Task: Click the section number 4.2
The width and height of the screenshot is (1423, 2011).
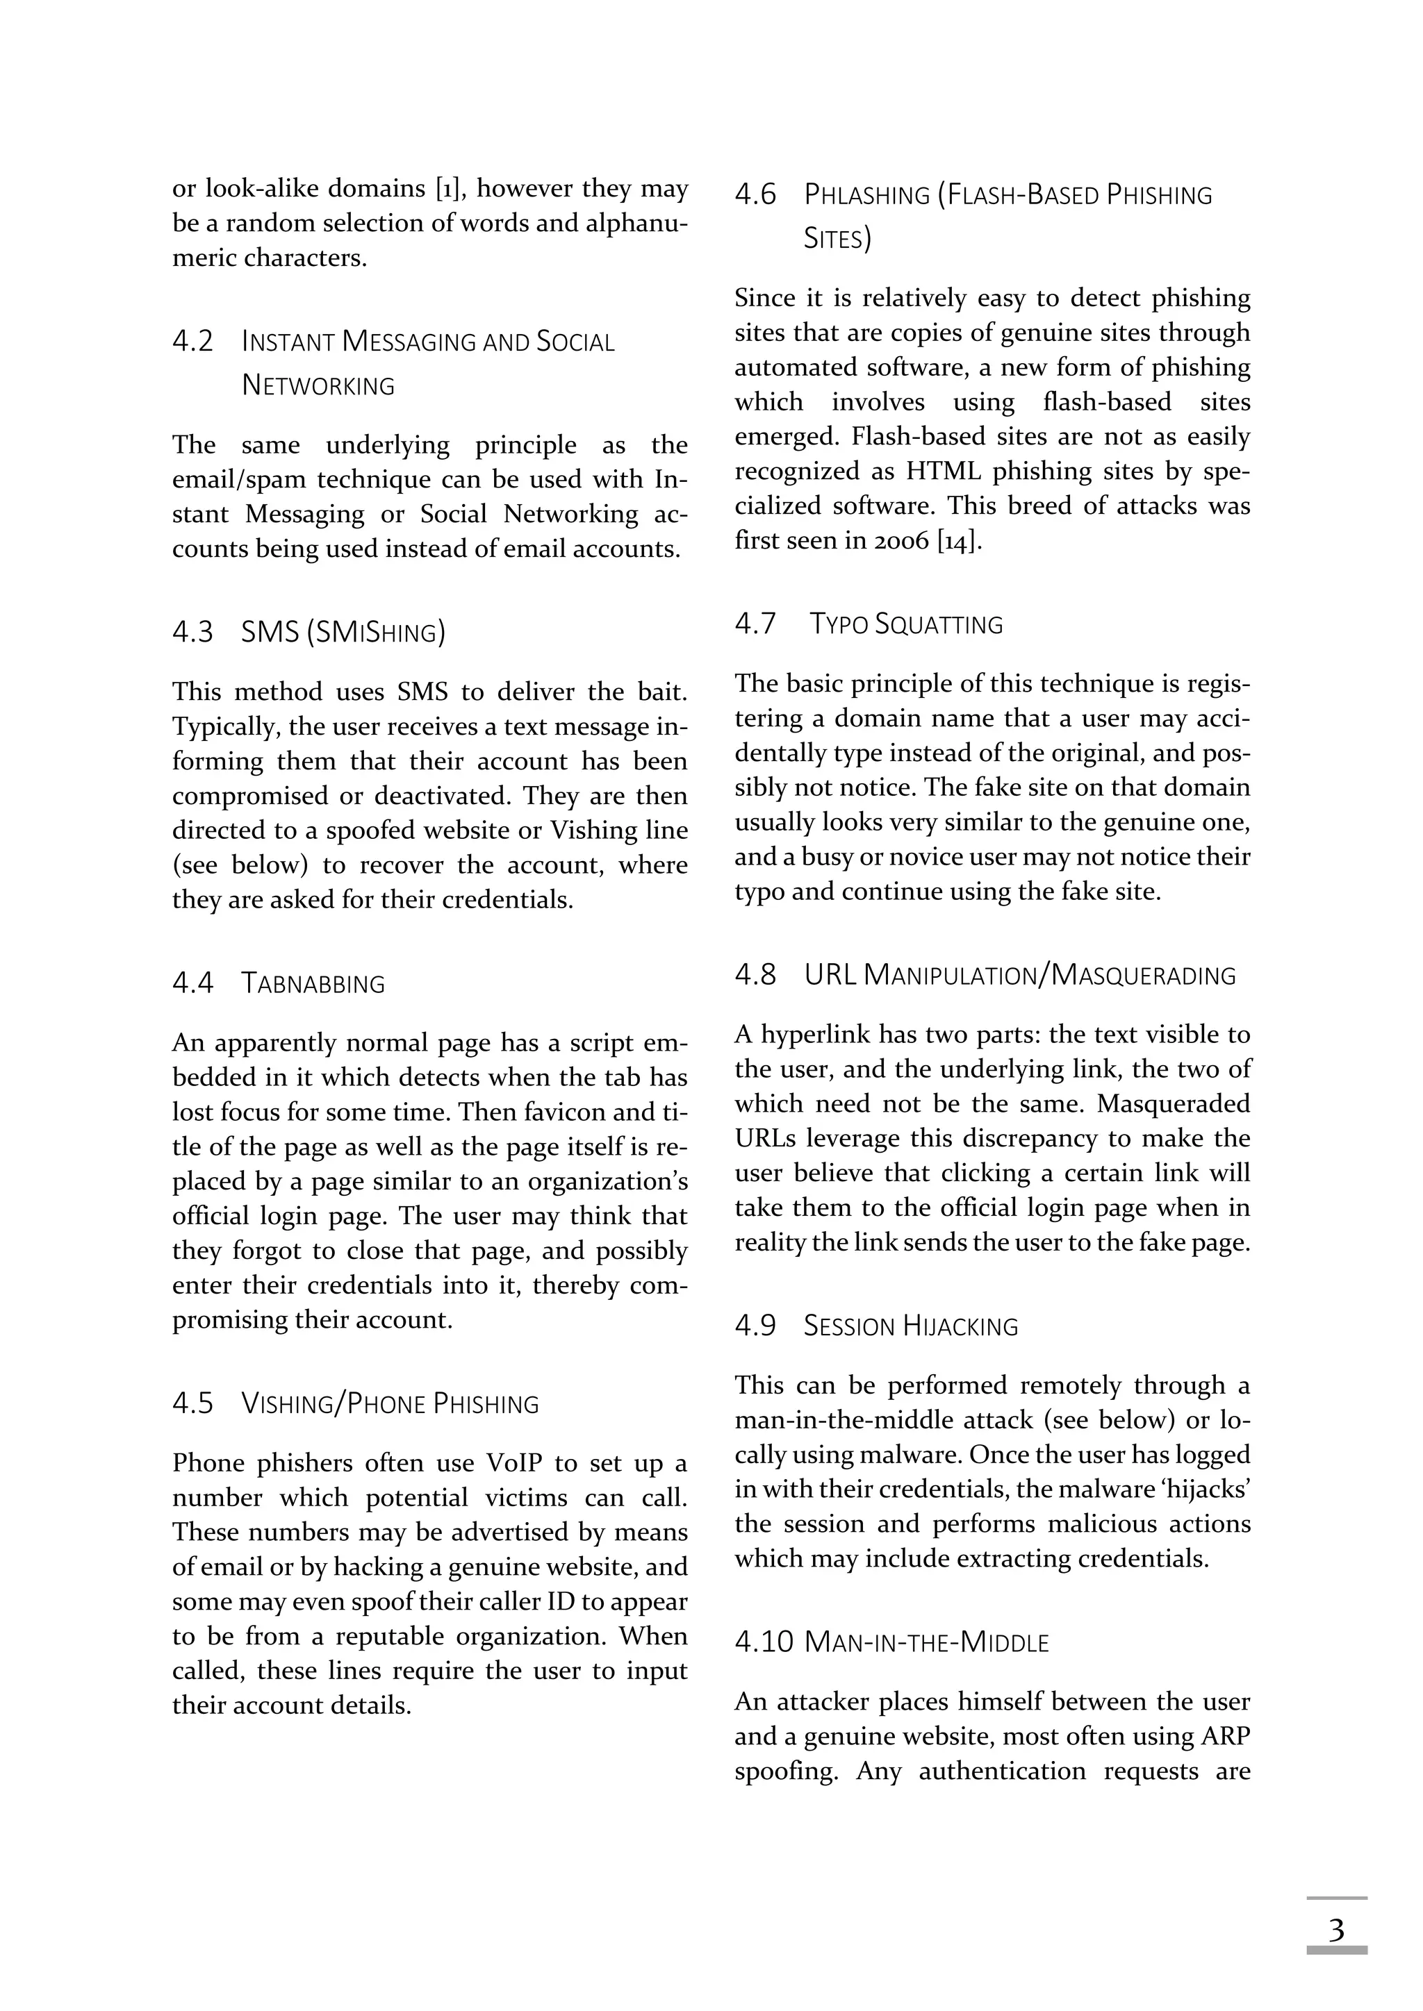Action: (x=192, y=341)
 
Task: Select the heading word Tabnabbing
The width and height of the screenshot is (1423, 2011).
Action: (x=313, y=983)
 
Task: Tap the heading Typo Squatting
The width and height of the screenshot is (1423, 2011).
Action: (x=905, y=624)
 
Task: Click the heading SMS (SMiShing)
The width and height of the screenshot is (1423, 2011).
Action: (x=343, y=631)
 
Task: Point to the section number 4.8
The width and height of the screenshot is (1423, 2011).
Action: (x=755, y=974)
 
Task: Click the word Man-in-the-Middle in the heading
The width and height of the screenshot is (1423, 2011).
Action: (x=926, y=1642)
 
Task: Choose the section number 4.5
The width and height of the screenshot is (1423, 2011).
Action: (x=192, y=1403)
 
